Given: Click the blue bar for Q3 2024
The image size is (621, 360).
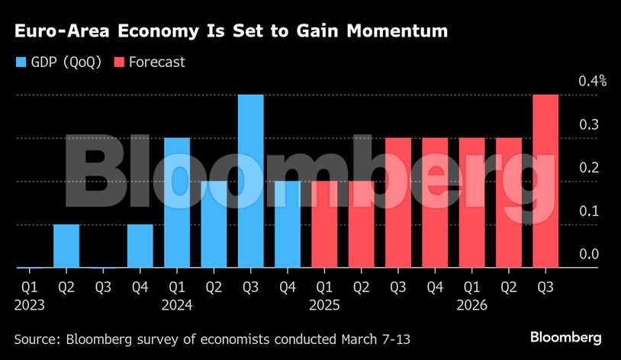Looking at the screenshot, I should pos(251,182).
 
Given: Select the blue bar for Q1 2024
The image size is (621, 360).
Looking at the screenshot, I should pos(177,203).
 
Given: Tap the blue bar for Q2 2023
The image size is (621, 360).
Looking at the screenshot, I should pos(66,246).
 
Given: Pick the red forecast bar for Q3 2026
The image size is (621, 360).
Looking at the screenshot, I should pos(545,182).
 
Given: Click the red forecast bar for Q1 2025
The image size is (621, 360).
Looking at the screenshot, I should pos(324,224).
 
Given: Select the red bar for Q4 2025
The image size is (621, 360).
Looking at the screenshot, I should pos(435,203).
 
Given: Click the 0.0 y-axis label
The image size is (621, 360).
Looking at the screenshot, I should pos(588,255).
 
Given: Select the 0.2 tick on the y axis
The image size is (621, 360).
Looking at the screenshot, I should pos(588,168).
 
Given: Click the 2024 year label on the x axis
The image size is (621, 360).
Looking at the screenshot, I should pos(177,305).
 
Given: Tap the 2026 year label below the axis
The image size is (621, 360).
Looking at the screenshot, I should pos(472,305).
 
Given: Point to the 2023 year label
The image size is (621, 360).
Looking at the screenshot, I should pos(30,305).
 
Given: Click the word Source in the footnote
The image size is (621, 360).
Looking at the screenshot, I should pos(36,337).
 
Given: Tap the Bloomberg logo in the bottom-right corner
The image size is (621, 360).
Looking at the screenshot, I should pos(566,337).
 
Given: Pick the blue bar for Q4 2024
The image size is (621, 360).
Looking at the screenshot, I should pos(288,224).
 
